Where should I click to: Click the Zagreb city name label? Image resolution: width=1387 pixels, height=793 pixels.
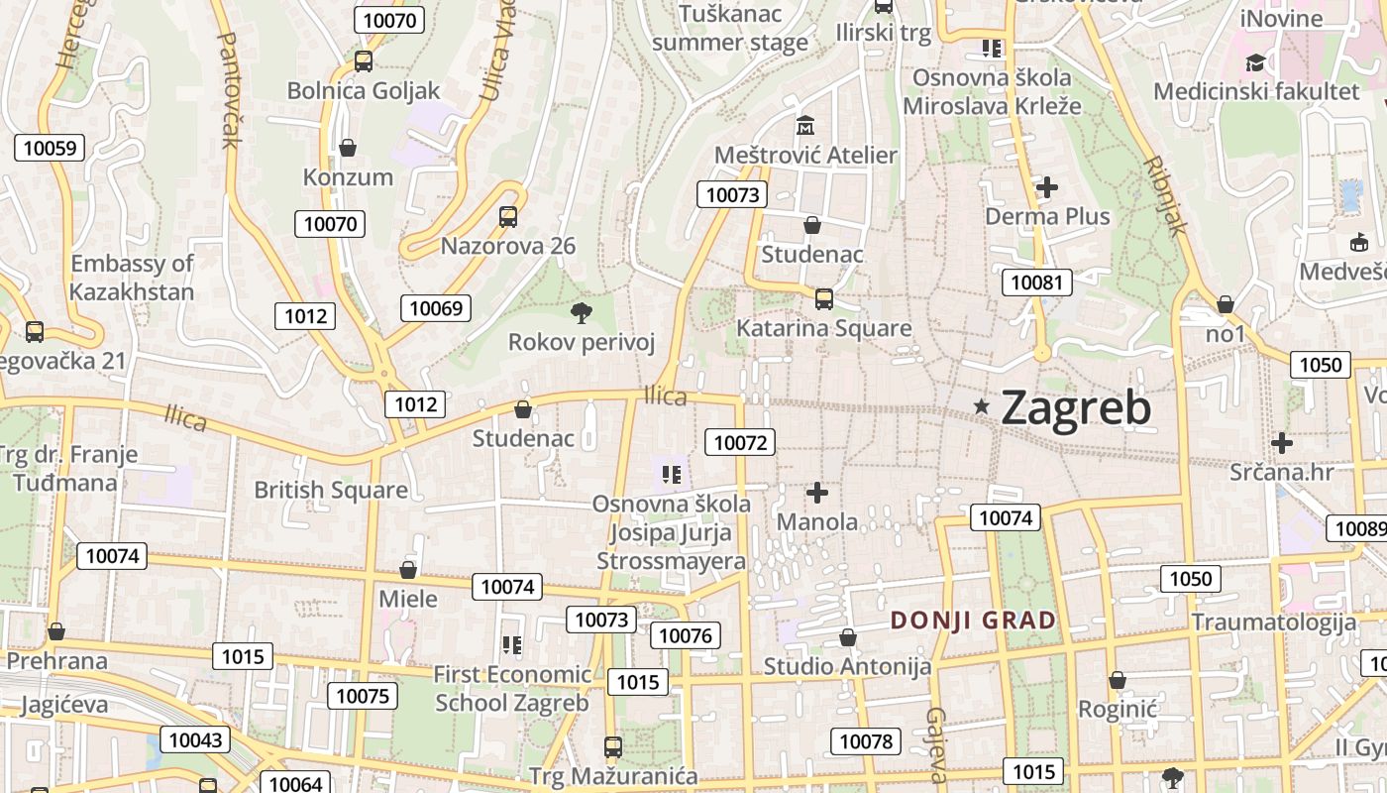pyautogui.click(x=1076, y=407)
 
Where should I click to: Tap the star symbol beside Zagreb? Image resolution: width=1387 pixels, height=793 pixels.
pyautogui.click(x=982, y=405)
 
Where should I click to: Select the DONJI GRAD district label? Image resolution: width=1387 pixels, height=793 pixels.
pyautogui.click(x=973, y=621)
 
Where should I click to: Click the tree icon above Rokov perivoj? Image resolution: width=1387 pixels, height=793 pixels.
pyautogui.click(x=582, y=313)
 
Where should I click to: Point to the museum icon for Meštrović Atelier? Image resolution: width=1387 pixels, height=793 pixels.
pyautogui.click(x=804, y=126)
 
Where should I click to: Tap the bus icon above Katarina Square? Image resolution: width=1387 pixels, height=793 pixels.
pyautogui.click(x=823, y=298)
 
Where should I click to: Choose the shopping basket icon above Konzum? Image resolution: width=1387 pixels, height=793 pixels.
pyautogui.click(x=348, y=148)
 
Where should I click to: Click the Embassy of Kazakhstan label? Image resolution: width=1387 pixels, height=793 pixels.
pyautogui.click(x=132, y=278)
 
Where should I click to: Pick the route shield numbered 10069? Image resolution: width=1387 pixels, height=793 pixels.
pyautogui.click(x=436, y=308)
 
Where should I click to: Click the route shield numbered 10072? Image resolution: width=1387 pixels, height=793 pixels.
pyautogui.click(x=740, y=442)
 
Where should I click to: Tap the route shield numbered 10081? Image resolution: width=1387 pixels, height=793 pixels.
pyautogui.click(x=1036, y=283)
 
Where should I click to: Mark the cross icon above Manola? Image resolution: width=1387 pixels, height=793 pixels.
pyautogui.click(x=817, y=492)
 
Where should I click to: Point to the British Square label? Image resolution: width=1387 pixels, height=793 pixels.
pyautogui.click(x=331, y=490)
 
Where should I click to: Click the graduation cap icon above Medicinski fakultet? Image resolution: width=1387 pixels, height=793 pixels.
pyautogui.click(x=1255, y=63)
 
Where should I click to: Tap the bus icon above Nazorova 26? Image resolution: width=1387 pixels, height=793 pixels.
pyautogui.click(x=508, y=216)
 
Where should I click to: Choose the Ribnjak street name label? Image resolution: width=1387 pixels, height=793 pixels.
pyautogui.click(x=1165, y=195)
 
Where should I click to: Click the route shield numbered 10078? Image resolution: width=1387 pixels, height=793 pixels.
pyautogui.click(x=866, y=741)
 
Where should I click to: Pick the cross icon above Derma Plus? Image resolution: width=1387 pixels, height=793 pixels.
pyautogui.click(x=1047, y=186)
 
